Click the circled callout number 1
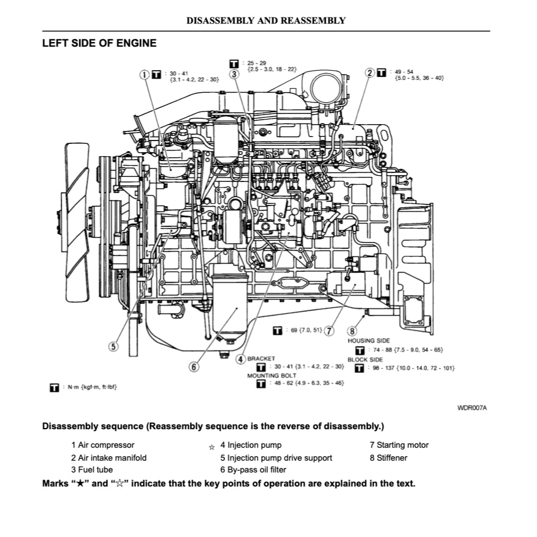[144, 74]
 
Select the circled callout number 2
[370, 72]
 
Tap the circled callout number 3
[234, 74]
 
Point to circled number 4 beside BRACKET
[240, 358]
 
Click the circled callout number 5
[113, 347]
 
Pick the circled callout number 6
[194, 367]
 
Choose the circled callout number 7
[329, 330]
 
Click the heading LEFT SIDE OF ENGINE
[99, 43]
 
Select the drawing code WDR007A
[472, 408]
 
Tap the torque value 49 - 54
[404, 72]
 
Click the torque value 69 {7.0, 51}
[306, 330]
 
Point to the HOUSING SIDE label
[368, 340]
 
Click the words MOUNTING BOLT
[272, 375]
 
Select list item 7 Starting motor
[399, 445]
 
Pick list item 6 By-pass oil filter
[253, 470]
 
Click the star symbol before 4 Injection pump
[212, 448]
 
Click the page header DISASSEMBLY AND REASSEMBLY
[266, 21]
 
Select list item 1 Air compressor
[103, 445]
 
